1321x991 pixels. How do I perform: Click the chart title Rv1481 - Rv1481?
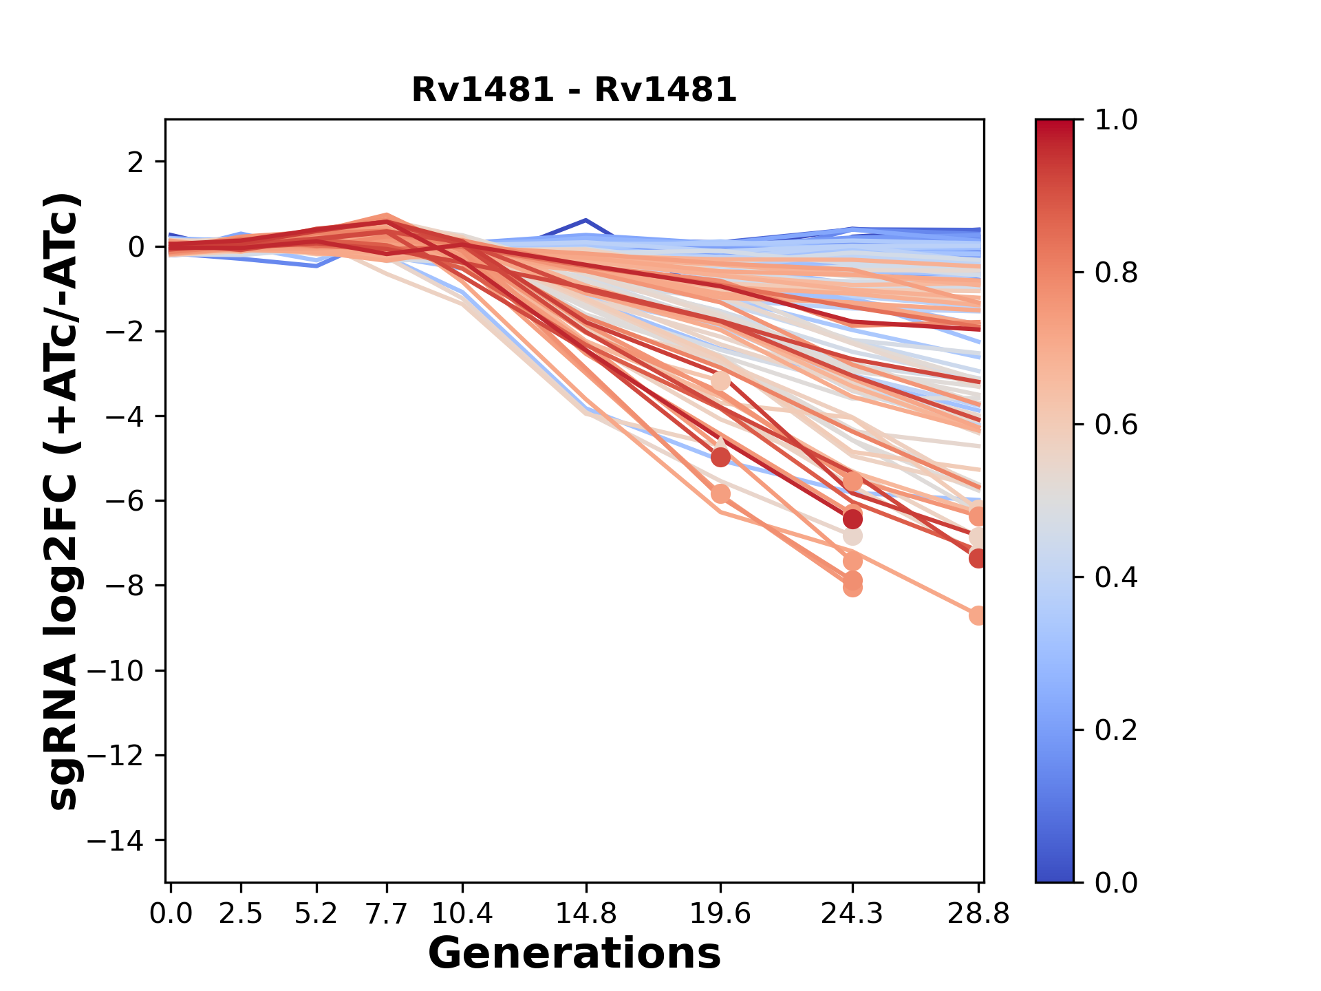click(x=574, y=90)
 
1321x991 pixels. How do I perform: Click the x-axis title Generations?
click(x=574, y=954)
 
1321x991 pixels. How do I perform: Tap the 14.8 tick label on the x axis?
click(x=586, y=913)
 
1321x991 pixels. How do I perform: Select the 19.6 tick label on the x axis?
click(x=720, y=913)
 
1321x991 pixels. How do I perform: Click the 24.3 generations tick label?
click(x=852, y=913)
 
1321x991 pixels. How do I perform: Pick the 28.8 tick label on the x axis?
click(x=978, y=913)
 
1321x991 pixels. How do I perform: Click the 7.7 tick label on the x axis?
click(x=387, y=913)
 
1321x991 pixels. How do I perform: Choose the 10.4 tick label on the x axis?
click(x=462, y=913)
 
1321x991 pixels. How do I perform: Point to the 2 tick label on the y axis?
click(x=136, y=162)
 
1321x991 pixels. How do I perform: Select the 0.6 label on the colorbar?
click(x=1116, y=425)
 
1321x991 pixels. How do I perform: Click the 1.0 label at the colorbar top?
click(x=1116, y=120)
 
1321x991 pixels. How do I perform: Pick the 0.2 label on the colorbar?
click(x=1116, y=729)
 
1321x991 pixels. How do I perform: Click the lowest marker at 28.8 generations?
click(x=978, y=616)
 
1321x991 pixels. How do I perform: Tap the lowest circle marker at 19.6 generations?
click(x=720, y=493)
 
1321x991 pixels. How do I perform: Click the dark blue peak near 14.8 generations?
click(x=586, y=220)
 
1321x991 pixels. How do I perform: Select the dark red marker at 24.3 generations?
click(x=852, y=519)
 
